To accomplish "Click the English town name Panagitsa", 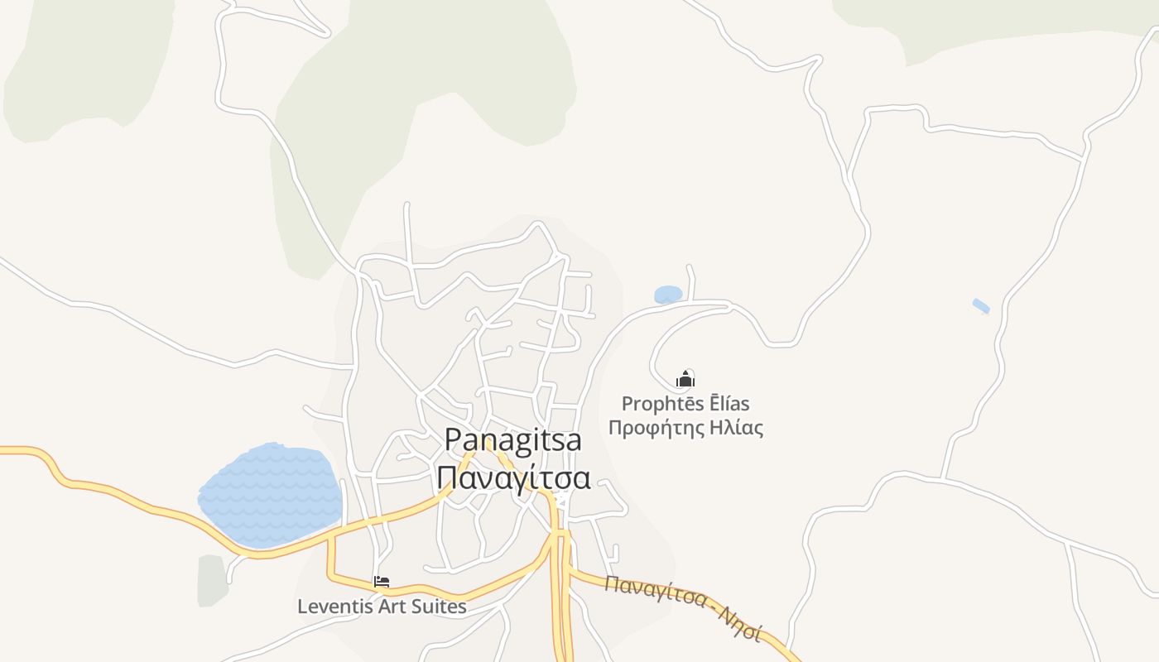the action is pos(512,440).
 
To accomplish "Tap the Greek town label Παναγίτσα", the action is pos(513,478).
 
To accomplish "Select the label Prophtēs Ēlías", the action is pos(685,404).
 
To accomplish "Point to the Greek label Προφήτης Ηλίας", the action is pos(685,428).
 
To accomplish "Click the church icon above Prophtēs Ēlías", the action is pos(685,380).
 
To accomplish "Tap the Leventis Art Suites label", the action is pos(382,607).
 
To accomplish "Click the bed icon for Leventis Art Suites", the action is pos(382,582).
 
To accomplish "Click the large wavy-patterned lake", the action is pos(271,495).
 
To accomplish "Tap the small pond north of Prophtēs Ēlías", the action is pos(668,295).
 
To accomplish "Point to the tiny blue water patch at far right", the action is pos(981,306).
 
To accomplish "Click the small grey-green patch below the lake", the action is pos(212,579).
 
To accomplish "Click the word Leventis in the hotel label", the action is pos(335,607).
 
